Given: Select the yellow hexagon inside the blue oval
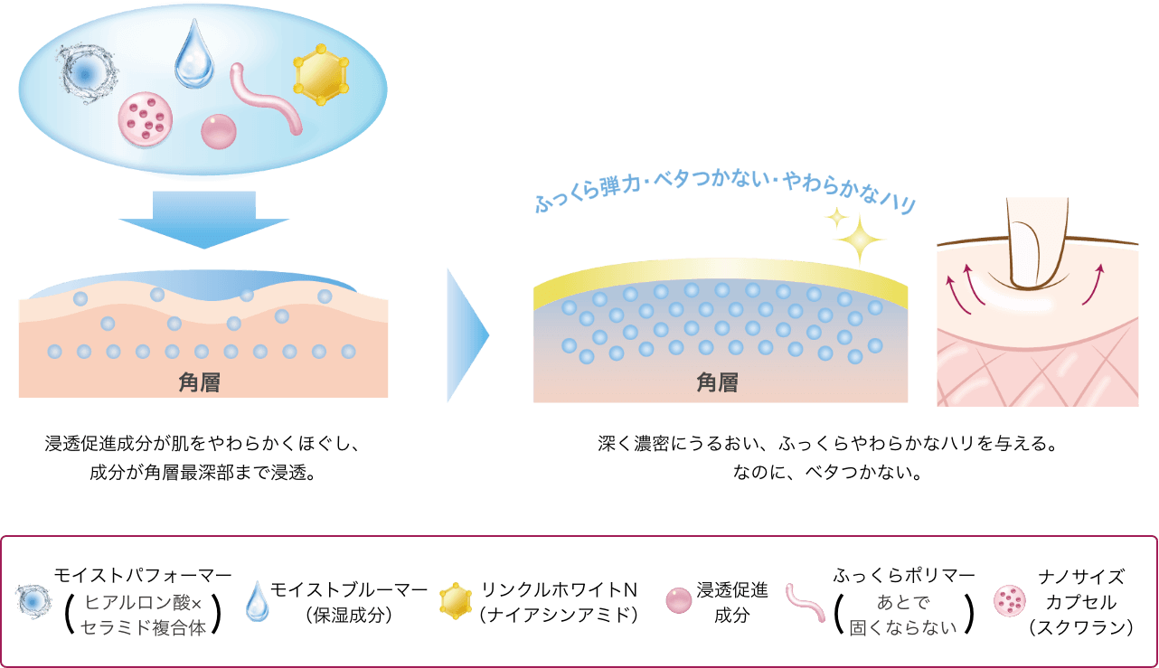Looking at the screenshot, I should [x=320, y=76].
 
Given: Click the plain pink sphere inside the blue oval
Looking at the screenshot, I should [x=219, y=131].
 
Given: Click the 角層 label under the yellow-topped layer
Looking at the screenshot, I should [x=717, y=383].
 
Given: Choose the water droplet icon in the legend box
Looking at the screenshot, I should [x=258, y=600].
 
